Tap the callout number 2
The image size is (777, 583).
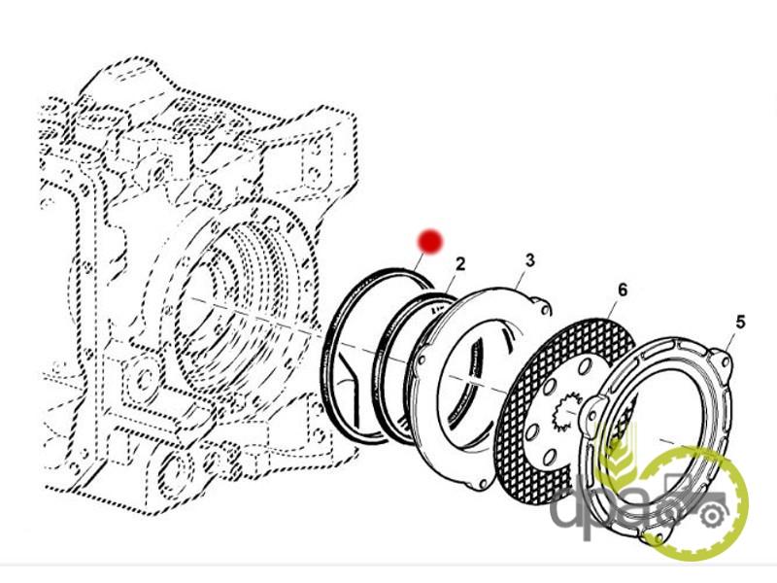459,264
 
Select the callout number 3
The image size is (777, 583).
529,259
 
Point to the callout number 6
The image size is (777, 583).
622,290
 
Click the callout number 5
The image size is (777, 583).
740,322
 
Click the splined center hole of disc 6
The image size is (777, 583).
567,416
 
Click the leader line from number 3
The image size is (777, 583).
524,276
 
